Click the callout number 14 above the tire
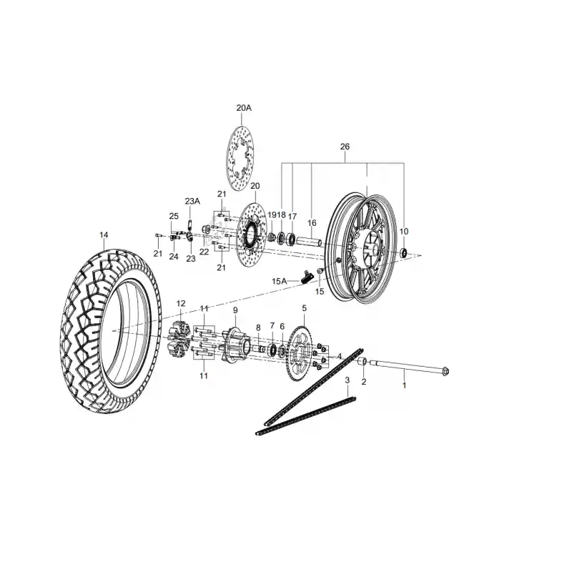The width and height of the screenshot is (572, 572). coord(104,235)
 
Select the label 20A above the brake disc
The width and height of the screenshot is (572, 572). coord(244,108)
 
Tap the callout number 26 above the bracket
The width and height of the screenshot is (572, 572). coord(345,147)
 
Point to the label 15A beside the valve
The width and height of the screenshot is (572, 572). coord(279,281)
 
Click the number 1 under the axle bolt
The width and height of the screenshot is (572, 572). coord(404,385)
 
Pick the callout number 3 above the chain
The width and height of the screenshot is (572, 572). coord(347,380)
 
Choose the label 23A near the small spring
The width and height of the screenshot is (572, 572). coord(192,202)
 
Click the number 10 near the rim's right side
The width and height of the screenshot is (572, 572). coord(404,231)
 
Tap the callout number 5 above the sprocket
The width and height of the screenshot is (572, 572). coord(305,308)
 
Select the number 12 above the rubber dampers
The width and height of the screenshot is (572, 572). coord(181,303)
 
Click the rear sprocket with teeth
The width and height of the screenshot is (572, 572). coord(300,353)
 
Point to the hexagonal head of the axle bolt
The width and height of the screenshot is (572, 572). coord(445,371)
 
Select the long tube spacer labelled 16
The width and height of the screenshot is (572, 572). coord(309,242)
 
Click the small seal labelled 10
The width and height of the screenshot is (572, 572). coord(404,252)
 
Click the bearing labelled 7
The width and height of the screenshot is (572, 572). coord(273,350)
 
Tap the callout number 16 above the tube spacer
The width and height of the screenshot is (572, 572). coord(312,223)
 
